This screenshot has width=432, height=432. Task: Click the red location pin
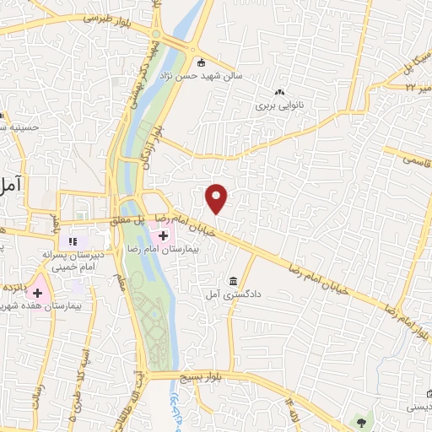coord(218,197)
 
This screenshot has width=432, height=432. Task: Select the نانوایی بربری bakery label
coord(278,107)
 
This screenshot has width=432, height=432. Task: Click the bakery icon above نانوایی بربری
coord(278,92)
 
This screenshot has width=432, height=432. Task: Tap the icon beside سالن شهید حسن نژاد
coord(201,62)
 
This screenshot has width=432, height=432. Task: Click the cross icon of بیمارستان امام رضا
coord(163,234)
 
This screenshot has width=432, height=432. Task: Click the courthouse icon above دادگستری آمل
coord(233,281)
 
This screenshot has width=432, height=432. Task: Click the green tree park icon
coord(363,420)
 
